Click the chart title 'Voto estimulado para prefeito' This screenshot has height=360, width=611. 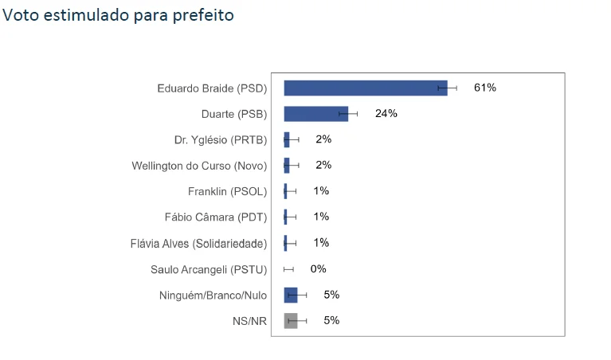[119, 15]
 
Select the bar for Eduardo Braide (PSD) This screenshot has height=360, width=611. [365, 88]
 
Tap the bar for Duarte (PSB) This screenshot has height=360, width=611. [315, 113]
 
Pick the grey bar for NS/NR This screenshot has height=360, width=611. [290, 321]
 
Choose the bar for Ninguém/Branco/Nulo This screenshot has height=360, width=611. [290, 295]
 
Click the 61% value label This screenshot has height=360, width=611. [484, 88]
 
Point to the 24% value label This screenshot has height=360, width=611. [386, 113]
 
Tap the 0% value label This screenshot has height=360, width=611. [318, 269]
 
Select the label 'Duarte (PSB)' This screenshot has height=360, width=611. [234, 113]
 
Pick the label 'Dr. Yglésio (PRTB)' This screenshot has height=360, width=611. [220, 139]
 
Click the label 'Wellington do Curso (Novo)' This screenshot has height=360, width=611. [199, 166]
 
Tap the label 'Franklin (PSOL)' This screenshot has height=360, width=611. [227, 191]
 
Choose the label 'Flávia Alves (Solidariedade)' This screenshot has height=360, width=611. [198, 243]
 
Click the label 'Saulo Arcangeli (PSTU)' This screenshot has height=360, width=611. [209, 269]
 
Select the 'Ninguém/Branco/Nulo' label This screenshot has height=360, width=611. [213, 295]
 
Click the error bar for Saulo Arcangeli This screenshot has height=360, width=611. [288, 269]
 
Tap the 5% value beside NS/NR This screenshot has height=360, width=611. [331, 321]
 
